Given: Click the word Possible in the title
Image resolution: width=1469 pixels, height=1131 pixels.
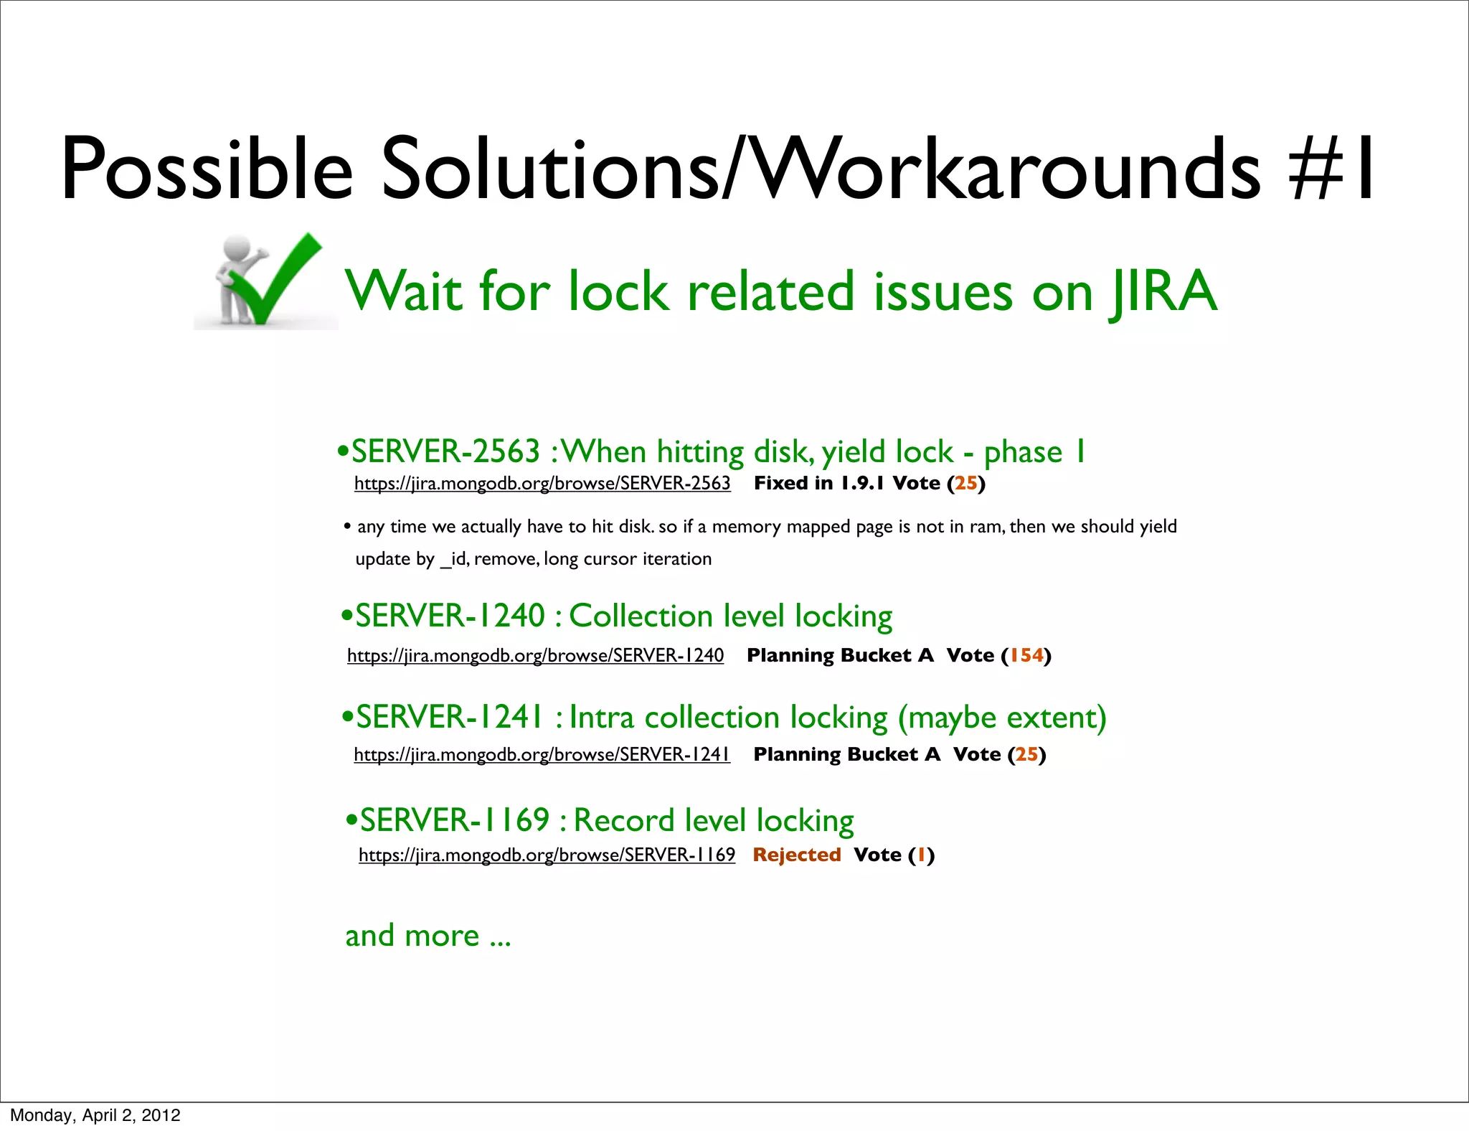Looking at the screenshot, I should [207, 169].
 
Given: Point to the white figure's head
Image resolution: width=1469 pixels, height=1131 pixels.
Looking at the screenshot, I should [237, 248].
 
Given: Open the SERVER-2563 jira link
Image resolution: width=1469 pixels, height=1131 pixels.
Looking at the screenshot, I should [542, 484].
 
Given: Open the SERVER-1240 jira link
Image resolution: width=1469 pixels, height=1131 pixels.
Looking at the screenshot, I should [535, 656].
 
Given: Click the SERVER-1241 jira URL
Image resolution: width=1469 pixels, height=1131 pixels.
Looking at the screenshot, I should [542, 755].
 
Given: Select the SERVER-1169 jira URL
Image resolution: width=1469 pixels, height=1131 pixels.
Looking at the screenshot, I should [547, 855].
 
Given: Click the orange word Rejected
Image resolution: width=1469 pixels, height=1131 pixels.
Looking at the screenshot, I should [797, 855].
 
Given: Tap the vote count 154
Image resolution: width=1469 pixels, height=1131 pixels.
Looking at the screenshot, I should [1026, 656].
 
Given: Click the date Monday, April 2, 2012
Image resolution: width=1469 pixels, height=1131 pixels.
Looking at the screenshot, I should [95, 1115].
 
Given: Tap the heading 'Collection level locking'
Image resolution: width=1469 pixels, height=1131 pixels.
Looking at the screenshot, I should [730, 616].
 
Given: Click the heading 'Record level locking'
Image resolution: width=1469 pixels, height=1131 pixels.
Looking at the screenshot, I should [714, 821].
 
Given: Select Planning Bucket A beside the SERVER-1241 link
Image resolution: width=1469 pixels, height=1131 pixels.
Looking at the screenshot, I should [846, 755].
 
